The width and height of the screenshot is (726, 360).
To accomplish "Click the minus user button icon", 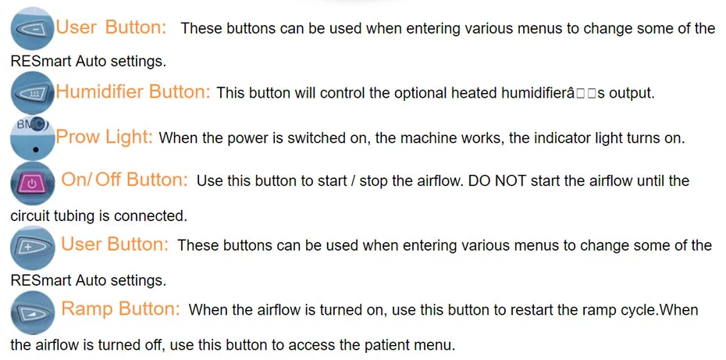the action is [32, 29].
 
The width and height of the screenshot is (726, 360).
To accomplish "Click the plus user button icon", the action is [32, 248].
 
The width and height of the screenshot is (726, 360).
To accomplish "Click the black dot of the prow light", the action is [36, 150].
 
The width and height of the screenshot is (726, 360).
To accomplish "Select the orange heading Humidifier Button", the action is [133, 92].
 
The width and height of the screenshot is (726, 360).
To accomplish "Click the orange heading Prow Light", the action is [104, 137].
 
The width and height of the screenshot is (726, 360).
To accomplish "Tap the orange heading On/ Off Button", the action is [125, 180].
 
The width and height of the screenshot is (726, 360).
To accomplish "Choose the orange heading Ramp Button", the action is [120, 308].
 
